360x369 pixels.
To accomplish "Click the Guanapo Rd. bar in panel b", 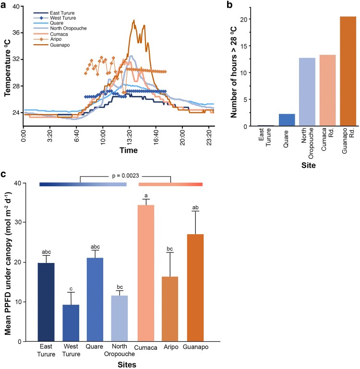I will point(348,71).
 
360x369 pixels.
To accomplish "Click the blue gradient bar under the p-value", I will point(83,184).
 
